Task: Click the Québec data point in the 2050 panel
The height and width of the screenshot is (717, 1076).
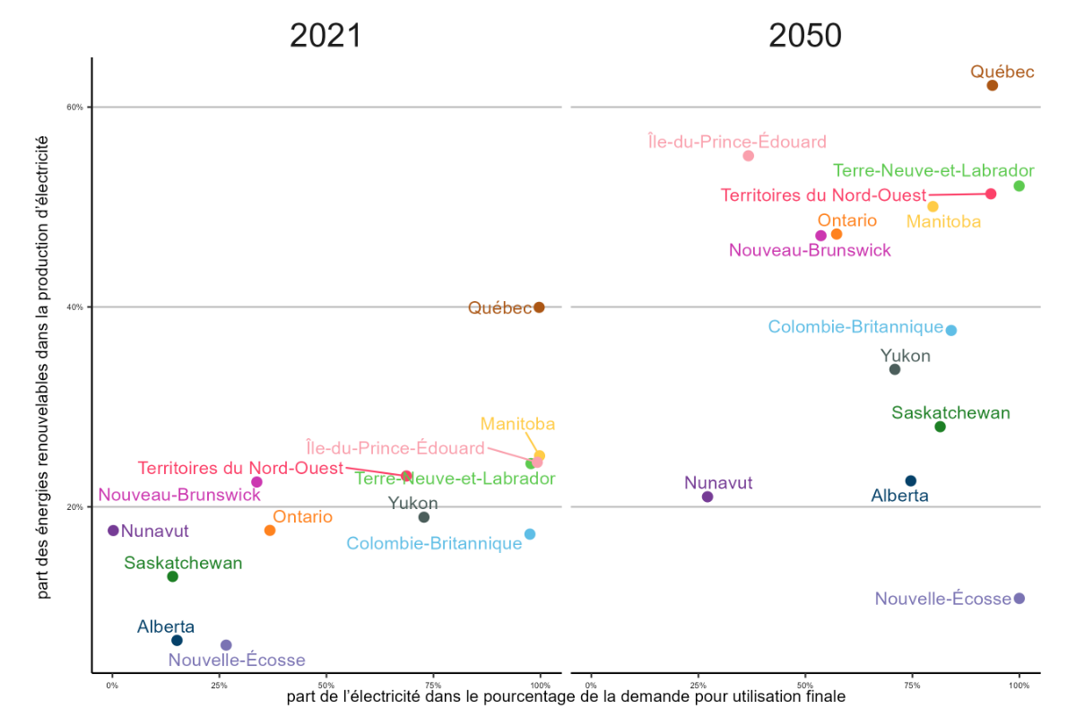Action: (x=993, y=85)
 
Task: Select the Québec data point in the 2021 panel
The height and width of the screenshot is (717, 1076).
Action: (x=539, y=307)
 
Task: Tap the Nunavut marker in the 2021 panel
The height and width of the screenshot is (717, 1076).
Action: (x=113, y=531)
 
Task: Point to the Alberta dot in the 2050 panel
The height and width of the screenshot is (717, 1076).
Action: (x=911, y=481)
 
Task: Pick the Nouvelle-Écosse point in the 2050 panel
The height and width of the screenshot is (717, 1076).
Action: (x=1019, y=599)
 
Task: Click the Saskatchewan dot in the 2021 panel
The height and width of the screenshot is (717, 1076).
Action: (x=172, y=576)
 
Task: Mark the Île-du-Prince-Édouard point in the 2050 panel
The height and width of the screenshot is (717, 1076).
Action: (x=749, y=156)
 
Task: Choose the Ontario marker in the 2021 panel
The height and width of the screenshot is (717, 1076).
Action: (x=270, y=531)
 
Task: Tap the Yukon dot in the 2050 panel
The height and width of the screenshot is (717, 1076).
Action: (x=894, y=369)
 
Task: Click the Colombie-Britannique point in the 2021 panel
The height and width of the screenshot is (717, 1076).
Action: (x=530, y=534)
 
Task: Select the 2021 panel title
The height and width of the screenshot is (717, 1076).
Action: (x=325, y=36)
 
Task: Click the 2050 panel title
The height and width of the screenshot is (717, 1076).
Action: (x=805, y=36)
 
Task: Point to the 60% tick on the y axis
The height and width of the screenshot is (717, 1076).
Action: (x=75, y=108)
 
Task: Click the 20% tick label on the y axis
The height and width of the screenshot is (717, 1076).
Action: (x=75, y=507)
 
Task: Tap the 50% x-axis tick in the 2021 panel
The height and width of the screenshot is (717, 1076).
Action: (x=326, y=685)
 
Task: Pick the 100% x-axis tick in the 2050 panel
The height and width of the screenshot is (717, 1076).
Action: (x=1019, y=685)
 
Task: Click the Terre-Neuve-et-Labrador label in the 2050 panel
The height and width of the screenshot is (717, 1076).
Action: (x=933, y=170)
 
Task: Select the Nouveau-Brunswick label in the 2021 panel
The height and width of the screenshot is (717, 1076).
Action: (x=179, y=495)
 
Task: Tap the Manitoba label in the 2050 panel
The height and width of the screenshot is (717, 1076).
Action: (x=943, y=221)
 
